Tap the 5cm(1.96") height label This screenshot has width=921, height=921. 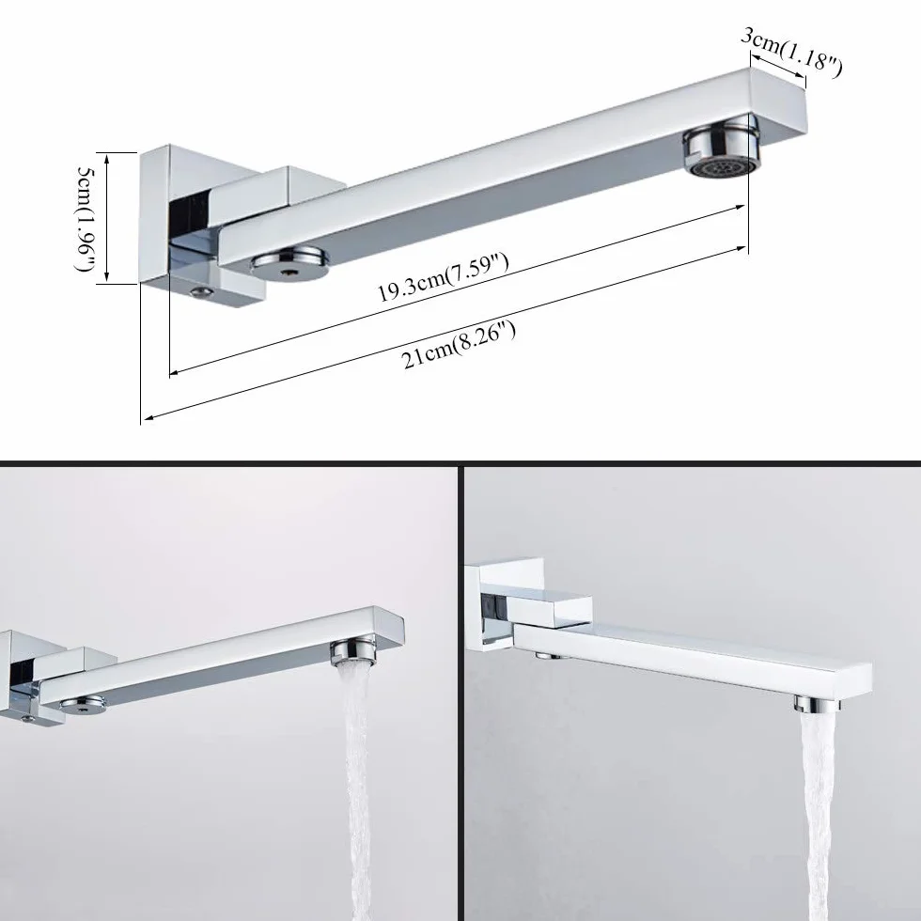(86, 218)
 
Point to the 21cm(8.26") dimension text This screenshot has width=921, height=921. (459, 346)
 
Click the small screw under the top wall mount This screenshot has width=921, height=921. (203, 292)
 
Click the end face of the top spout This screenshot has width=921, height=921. (779, 101)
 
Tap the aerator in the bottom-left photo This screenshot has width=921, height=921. (352, 654)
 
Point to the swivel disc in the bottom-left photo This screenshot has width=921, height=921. (84, 703)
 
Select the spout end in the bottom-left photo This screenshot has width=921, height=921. (387, 627)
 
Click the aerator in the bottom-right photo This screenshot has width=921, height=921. (814, 703)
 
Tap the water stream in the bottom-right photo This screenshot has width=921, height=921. (817, 817)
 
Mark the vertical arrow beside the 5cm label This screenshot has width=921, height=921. (107, 218)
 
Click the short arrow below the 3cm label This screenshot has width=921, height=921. (779, 65)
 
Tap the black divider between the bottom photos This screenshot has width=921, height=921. (461, 694)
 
